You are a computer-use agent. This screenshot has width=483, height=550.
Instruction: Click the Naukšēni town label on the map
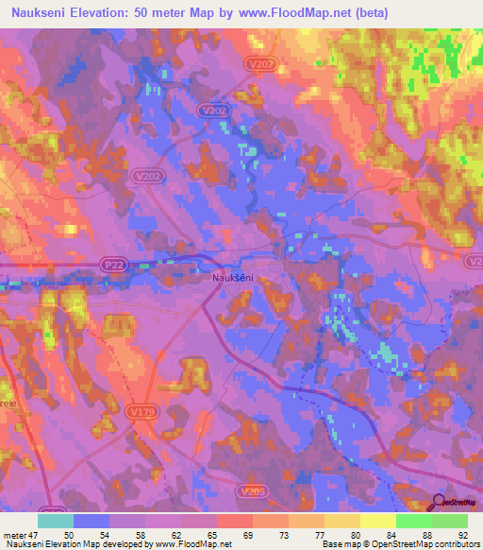tap(230, 278)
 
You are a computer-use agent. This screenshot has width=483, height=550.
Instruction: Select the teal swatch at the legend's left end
tap(56, 521)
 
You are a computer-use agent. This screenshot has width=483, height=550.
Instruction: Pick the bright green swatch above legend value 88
tap(414, 521)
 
